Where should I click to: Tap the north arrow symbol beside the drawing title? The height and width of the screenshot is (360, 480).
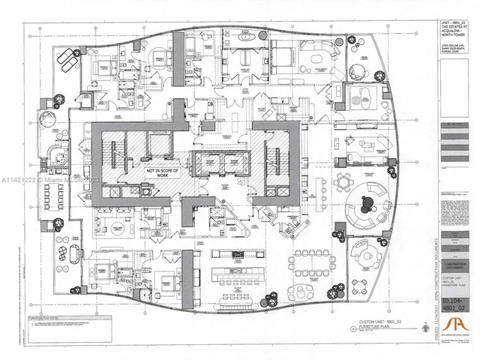tap(354, 328)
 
